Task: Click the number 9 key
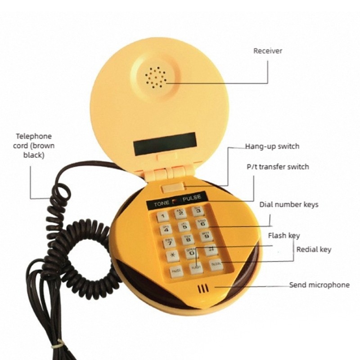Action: tap(207, 236)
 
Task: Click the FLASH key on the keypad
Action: tap(196, 268)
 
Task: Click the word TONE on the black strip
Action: tap(162, 203)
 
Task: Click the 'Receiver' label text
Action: tap(268, 51)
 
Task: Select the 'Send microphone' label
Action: tap(319, 285)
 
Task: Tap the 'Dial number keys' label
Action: tap(289, 205)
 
